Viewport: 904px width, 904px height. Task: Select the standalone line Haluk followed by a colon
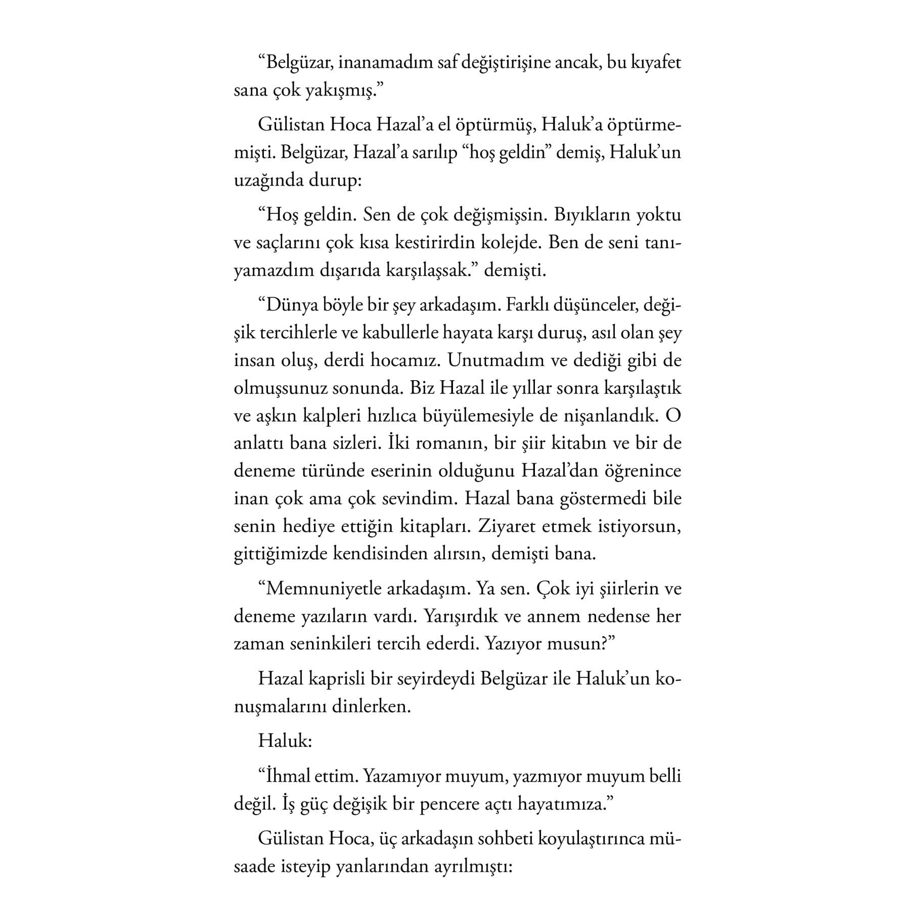click(x=285, y=741)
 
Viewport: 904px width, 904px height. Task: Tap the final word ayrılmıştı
click(x=474, y=866)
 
